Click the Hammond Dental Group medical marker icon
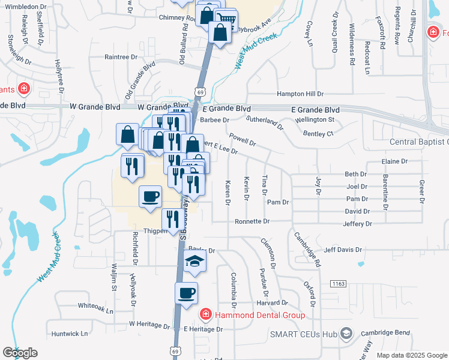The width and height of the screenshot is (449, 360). point(205,314)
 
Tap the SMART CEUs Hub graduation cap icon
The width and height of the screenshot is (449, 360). point(346,334)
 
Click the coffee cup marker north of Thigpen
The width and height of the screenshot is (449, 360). point(150,197)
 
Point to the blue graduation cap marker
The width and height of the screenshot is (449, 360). point(194,262)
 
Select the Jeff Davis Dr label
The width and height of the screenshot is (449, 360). point(343,250)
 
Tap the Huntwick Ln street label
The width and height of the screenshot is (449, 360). point(70,333)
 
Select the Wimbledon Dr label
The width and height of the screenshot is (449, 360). point(26,7)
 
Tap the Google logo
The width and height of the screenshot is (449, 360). point(20,353)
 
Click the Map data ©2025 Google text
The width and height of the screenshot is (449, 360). point(412,355)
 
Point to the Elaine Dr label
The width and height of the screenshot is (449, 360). point(394,161)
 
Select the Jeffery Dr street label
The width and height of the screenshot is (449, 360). point(357,224)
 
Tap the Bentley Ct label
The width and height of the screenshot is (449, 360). point(318,133)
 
